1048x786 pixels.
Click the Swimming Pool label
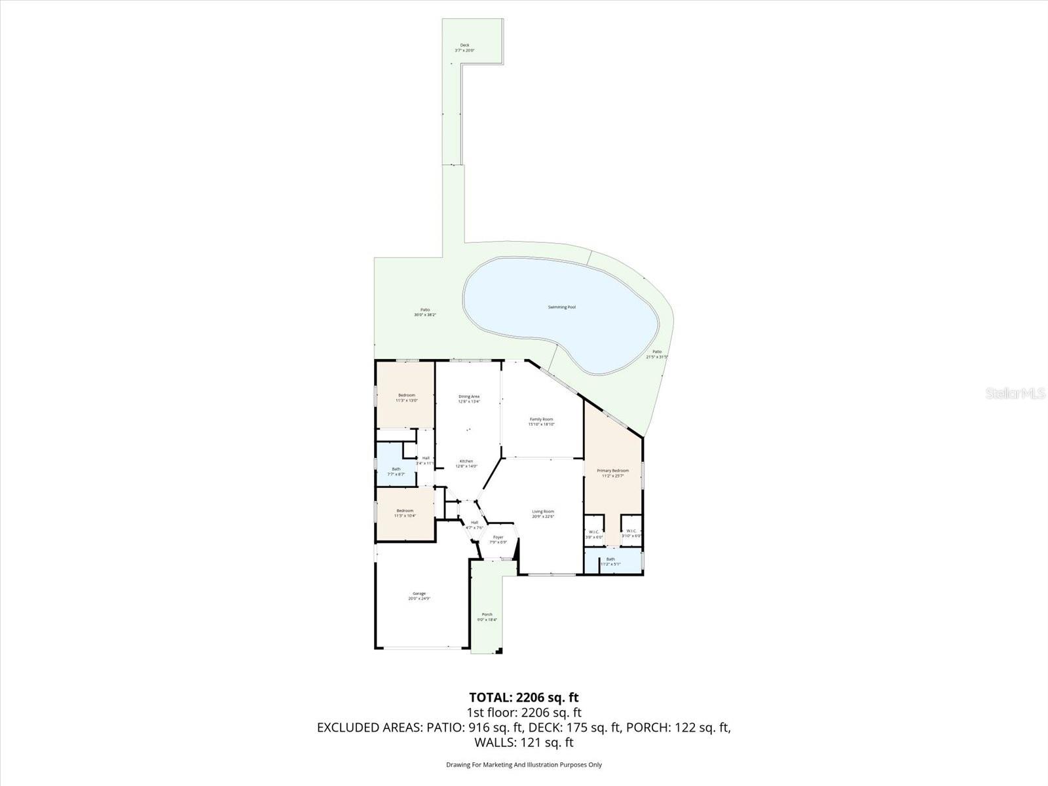[561, 307]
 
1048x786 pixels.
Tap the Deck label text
[464, 45]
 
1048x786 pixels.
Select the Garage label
[419, 593]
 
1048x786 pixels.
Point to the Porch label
[487, 614]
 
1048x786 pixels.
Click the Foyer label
[498, 537]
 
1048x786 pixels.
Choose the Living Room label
[543, 512]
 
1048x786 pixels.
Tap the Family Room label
[541, 419]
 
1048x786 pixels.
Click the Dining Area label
[469, 396]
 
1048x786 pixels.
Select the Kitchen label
[466, 461]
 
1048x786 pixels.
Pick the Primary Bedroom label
[612, 470]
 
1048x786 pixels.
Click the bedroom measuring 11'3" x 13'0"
[406, 398]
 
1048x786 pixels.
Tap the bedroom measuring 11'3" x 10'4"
[404, 514]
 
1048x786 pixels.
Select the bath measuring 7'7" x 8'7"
[396, 472]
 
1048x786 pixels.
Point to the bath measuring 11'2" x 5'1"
[610, 561]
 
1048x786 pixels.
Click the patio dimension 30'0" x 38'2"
[425, 315]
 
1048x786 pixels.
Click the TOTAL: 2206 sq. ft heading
[524, 698]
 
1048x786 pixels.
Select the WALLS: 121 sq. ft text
[524, 742]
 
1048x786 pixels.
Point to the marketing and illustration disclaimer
[524, 764]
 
